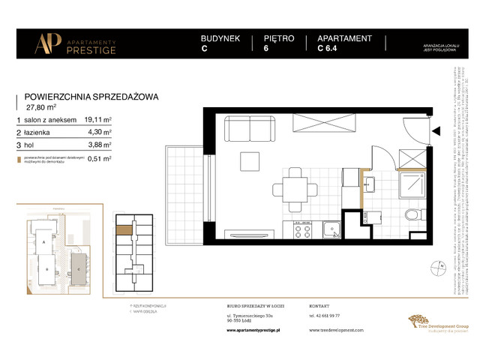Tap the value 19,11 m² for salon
tap(97, 118)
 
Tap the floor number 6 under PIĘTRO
tap(266, 50)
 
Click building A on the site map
tap(44, 244)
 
